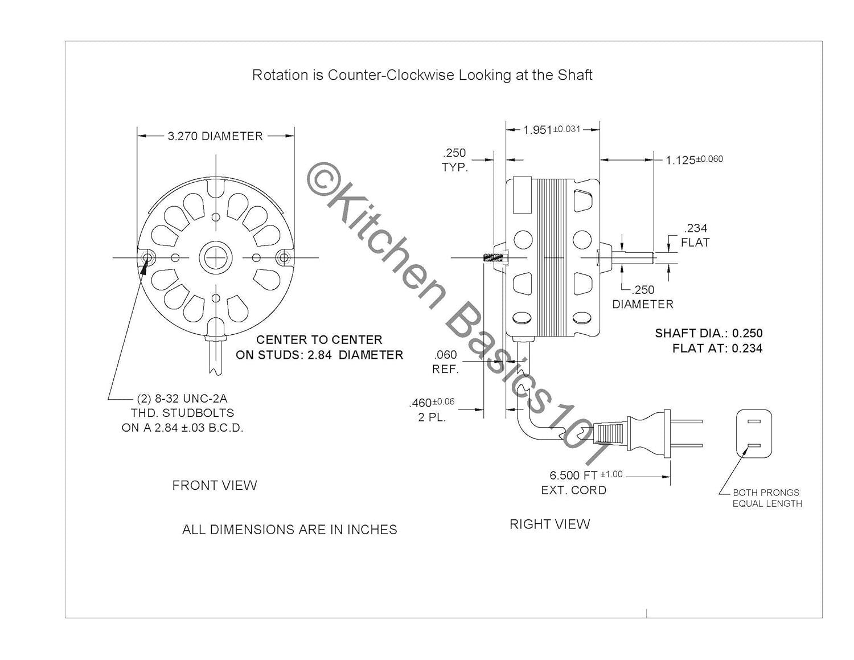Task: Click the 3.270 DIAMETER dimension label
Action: point(215,136)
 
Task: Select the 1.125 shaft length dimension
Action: point(694,159)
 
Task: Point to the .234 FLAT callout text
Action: point(695,235)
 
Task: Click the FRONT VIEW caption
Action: point(215,486)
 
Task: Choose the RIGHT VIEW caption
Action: point(550,524)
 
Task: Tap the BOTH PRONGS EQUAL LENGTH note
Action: point(767,498)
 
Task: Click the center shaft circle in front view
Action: point(216,258)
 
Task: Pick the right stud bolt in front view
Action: point(284,258)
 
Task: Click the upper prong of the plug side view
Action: point(686,421)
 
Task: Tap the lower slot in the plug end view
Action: point(754,446)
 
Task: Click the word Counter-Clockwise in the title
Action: point(391,75)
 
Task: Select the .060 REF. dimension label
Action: point(446,362)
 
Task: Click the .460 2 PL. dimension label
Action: point(432,409)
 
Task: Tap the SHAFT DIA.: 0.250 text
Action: point(709,333)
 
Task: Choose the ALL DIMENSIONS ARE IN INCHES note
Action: point(290,530)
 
